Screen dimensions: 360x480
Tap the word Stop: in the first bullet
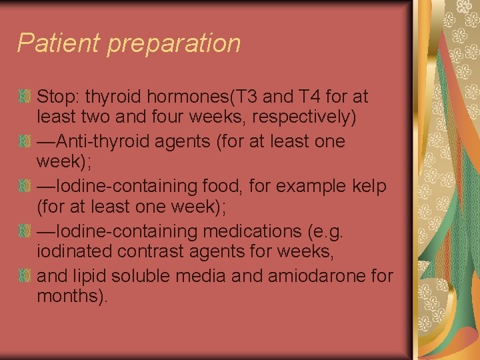click(57, 97)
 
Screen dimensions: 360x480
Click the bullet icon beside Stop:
click(25, 97)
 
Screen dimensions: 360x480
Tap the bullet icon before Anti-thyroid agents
click(25, 142)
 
